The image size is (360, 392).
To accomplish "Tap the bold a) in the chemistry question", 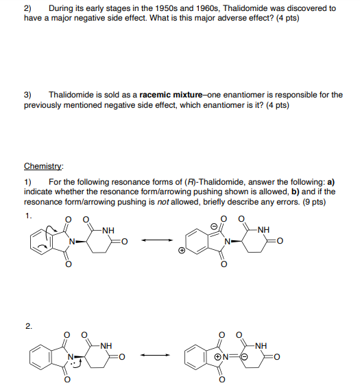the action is (331, 182).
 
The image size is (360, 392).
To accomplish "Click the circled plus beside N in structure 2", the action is (217, 356).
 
